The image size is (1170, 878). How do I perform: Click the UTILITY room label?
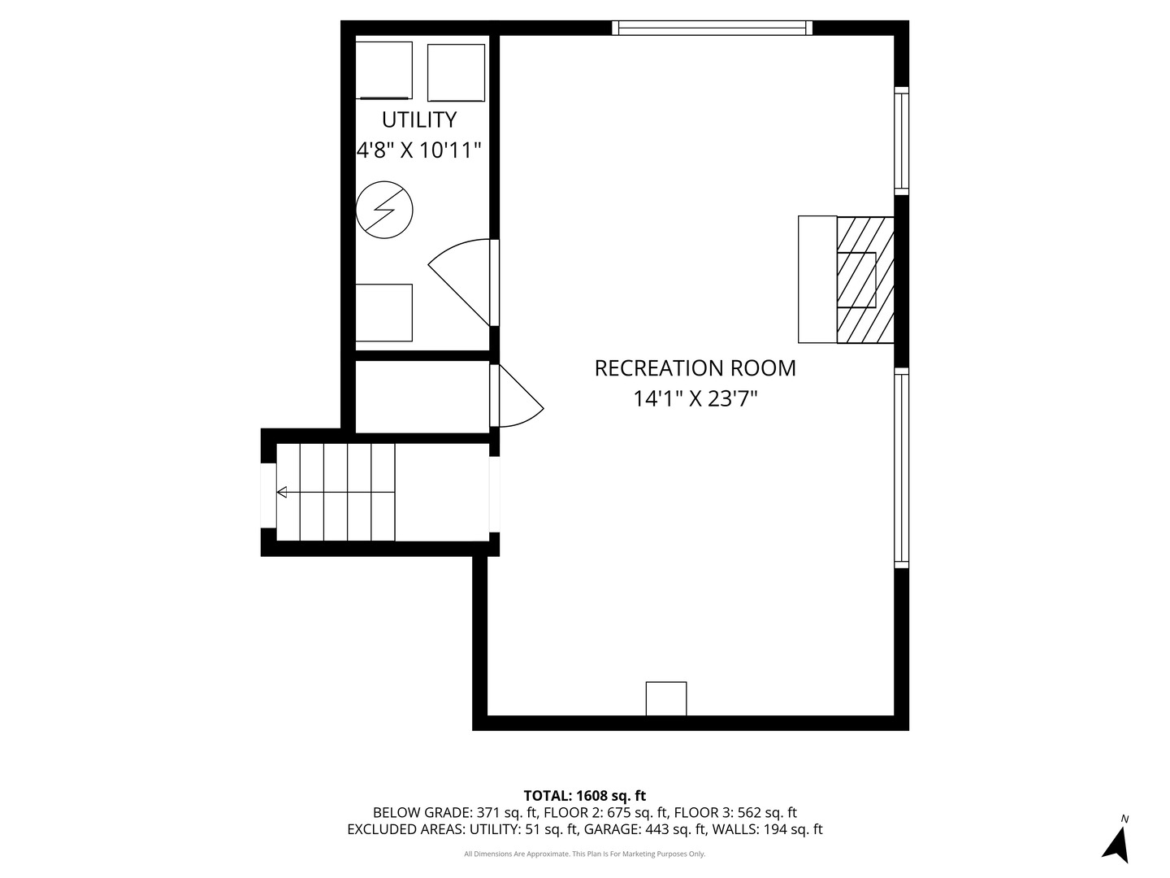pos(419,120)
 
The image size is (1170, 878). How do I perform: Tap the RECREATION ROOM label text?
pos(695,368)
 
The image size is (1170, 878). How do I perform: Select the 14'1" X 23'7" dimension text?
pos(695,399)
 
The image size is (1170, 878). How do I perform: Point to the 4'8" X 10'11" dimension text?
pos(419,150)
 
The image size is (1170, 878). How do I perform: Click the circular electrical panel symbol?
pos(385,210)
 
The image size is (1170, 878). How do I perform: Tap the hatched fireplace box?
pos(865,280)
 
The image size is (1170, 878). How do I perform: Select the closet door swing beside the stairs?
pos(518,397)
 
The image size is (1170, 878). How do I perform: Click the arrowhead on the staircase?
pos(282,492)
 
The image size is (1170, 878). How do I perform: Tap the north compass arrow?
pos(1118,843)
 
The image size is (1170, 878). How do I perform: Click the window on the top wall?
pos(713,28)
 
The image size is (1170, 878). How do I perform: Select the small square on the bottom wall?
pos(666,698)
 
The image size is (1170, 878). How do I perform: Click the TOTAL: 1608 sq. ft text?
pos(584,796)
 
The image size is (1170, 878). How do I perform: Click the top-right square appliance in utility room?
pos(456,72)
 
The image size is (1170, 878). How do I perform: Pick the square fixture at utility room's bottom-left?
pos(384,312)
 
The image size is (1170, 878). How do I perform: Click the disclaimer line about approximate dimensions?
pos(584,854)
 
